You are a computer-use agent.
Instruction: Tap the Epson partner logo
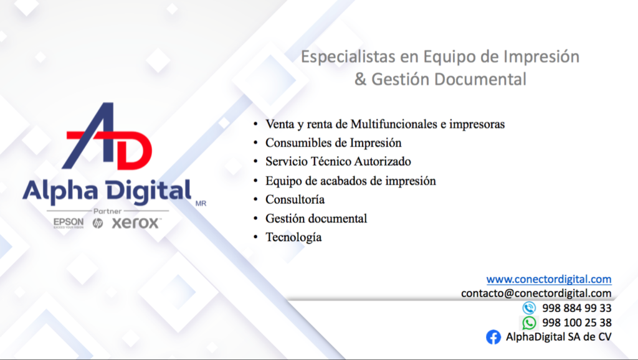point(69,222)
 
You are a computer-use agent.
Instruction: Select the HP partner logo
point(98,223)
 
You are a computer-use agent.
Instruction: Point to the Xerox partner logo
point(136,223)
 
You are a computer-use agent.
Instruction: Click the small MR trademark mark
point(201,204)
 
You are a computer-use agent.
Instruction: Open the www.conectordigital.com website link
point(549,279)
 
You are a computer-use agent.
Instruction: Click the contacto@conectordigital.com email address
point(536,293)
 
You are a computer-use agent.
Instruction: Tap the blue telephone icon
point(529,308)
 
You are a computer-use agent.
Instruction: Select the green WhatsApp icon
point(529,323)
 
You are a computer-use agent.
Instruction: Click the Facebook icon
point(493,337)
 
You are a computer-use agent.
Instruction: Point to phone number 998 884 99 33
point(576,308)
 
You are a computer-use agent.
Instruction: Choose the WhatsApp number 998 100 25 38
point(576,323)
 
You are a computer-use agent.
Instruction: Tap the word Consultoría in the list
point(295,200)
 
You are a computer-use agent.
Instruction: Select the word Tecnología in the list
point(293,237)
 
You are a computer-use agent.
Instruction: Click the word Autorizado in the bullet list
point(383,161)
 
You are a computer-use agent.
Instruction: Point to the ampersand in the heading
point(360,79)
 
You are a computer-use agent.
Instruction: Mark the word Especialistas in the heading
point(348,57)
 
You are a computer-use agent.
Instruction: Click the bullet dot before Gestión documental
point(255,219)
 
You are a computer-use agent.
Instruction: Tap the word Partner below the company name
point(107,211)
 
